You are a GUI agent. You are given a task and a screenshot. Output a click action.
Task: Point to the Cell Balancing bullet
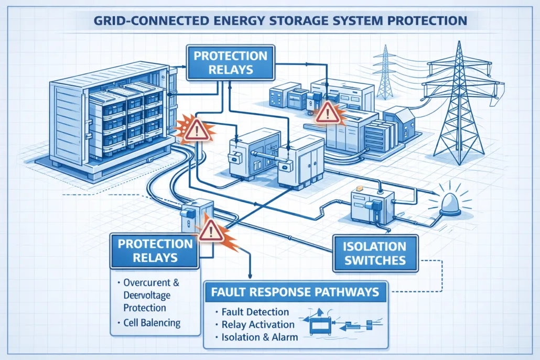[x=153, y=323]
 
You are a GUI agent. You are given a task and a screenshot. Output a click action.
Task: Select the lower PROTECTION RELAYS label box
[x=155, y=250]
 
